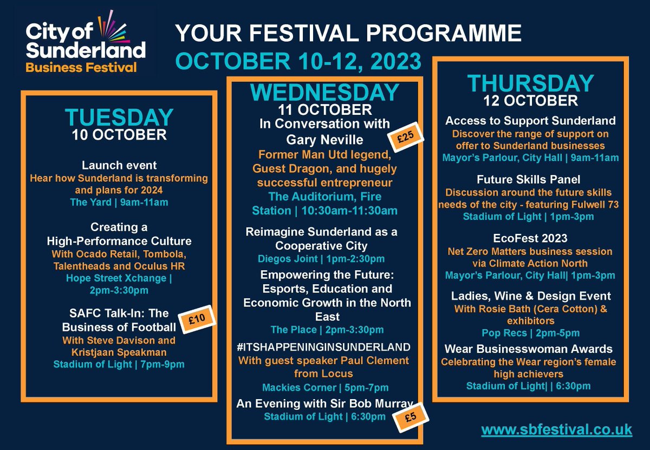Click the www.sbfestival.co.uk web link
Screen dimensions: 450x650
coord(556,429)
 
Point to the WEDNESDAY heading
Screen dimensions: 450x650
coord(324,92)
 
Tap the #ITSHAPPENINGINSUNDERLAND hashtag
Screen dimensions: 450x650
coord(324,347)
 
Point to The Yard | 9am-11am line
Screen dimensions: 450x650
coord(119,203)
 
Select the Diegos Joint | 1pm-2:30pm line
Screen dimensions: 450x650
coord(324,259)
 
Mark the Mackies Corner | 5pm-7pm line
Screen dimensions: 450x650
coord(324,387)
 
